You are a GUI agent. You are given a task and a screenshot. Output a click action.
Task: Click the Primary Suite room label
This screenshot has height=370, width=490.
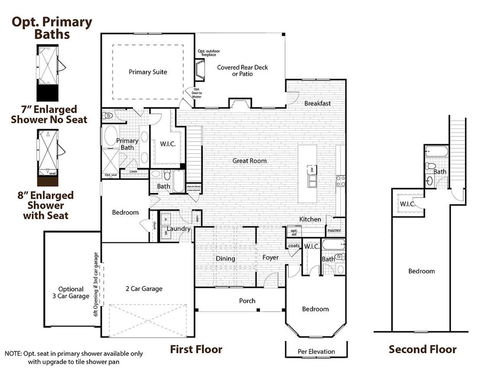[x=148, y=72]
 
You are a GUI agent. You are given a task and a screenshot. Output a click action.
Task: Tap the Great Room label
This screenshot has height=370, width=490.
[x=250, y=161]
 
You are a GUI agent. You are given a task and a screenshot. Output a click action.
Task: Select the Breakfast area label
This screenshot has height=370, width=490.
[x=317, y=103]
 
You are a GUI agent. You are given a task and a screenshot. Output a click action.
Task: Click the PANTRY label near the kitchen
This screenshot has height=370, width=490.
[x=334, y=231]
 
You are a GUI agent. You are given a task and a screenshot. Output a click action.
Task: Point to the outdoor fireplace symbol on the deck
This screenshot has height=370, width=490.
[x=199, y=70]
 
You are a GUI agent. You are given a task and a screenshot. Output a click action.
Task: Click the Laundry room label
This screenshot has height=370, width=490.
[x=178, y=229]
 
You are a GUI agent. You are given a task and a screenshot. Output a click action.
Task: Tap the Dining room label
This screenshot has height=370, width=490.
[x=225, y=258]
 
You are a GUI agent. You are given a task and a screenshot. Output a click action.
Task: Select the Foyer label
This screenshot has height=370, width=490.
[x=270, y=258]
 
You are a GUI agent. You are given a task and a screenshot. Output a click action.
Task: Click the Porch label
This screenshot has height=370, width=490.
[x=247, y=301]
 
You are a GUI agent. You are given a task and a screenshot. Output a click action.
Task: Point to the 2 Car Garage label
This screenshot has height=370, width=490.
[x=144, y=289]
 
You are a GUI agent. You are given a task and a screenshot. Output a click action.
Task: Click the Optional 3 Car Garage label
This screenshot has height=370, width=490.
[x=71, y=292]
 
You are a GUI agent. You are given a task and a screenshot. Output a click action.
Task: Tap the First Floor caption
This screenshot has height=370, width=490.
[x=196, y=349]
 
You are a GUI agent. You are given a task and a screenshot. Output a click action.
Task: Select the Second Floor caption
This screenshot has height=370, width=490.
[x=423, y=349]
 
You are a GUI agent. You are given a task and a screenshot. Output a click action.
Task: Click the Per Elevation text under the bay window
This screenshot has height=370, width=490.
[x=316, y=352]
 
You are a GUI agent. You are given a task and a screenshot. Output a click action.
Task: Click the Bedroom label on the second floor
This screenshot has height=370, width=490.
[x=421, y=271]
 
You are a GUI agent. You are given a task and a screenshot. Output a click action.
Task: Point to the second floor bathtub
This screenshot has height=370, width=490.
[x=436, y=152]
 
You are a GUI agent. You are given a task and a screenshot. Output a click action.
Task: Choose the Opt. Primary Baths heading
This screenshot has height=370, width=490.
[x=52, y=28]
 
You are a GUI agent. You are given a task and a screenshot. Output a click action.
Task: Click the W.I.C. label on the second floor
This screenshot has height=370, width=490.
[x=407, y=204]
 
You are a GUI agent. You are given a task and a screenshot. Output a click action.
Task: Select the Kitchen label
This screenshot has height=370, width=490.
[x=310, y=219]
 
